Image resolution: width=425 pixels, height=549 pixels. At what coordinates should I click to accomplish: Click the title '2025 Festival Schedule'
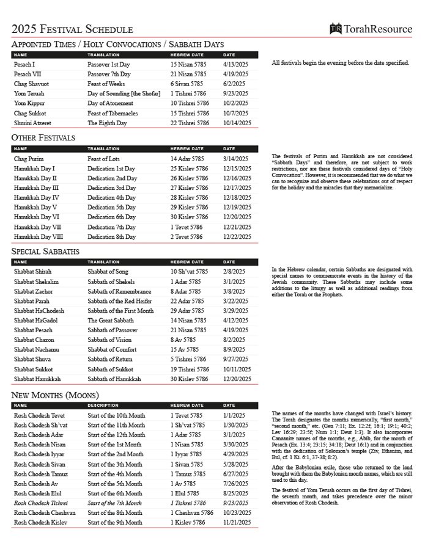[x=72, y=29]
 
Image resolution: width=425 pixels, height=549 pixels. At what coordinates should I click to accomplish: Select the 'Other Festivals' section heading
[x=43, y=138]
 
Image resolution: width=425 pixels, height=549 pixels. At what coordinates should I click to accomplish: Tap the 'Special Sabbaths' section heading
[x=45, y=251]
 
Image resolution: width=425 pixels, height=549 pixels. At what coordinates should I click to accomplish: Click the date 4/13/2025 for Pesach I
[x=235, y=64]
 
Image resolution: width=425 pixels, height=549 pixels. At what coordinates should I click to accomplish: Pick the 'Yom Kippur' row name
[x=29, y=103]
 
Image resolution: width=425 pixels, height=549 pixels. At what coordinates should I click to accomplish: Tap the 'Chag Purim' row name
[x=29, y=159]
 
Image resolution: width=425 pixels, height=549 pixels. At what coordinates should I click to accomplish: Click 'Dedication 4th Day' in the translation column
[x=112, y=198]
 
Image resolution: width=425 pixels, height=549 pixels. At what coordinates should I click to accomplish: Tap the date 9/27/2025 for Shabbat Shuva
[x=235, y=360]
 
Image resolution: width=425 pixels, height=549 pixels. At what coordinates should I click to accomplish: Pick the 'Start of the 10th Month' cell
[x=117, y=415]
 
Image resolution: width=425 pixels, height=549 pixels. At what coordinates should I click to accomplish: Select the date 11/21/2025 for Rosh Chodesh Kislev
[x=237, y=522]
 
